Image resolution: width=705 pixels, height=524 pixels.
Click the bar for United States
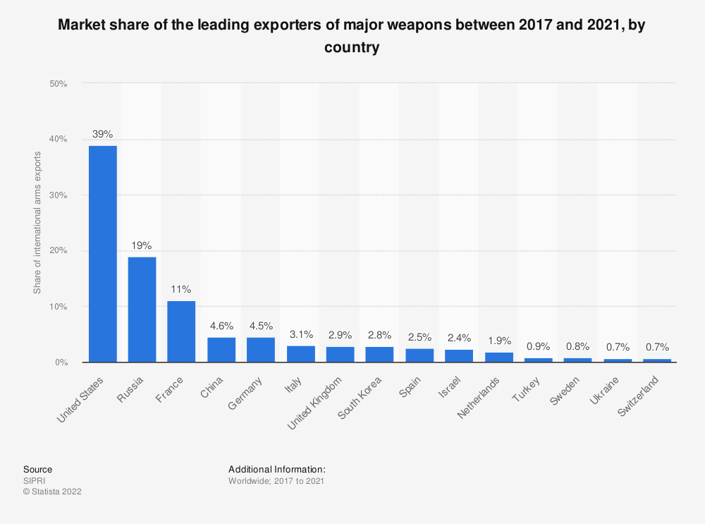coord(103,254)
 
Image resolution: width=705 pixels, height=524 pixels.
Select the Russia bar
coord(142,310)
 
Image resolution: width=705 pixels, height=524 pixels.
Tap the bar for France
coord(181,331)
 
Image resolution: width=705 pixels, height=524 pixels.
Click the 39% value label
coord(103,134)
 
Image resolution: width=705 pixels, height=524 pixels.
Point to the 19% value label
coord(142,245)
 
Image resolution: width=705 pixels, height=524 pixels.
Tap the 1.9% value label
coord(498,340)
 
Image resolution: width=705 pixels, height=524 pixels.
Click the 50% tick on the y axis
coord(58,84)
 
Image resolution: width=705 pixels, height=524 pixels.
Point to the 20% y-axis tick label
coord(58,251)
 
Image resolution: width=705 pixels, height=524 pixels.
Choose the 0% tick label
coord(61,362)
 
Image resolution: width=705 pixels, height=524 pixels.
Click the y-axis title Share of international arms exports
coord(37,223)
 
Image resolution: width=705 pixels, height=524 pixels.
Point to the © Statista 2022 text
coord(52,492)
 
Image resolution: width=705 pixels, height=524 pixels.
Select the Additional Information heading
coord(276,469)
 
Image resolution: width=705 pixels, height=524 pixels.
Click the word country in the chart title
coord(352,48)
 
